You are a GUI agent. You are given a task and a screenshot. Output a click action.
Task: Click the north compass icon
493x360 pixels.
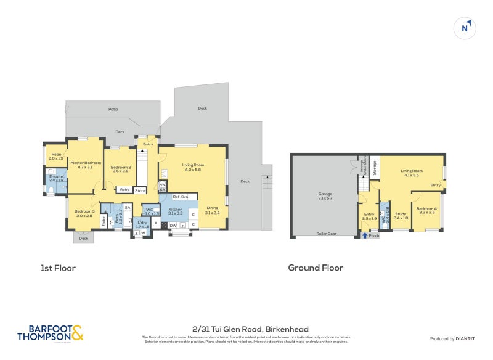pyautogui.click(x=467, y=28)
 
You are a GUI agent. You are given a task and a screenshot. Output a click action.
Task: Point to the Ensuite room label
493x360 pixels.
pyautogui.click(x=56, y=179)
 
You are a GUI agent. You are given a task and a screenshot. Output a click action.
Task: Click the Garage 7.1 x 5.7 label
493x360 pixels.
pyautogui.click(x=325, y=195)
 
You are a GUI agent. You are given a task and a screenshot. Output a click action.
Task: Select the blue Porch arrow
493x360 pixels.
pyautogui.click(x=364, y=235)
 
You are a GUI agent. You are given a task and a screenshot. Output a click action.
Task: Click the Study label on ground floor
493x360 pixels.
pyautogui.click(x=401, y=216)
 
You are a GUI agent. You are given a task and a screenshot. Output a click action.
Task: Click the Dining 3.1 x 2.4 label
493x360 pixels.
pyautogui.click(x=212, y=210)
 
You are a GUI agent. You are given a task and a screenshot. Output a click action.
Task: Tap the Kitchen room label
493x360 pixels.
pyautogui.click(x=175, y=211)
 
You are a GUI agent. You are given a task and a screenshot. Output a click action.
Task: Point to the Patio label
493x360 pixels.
pyautogui.click(x=113, y=109)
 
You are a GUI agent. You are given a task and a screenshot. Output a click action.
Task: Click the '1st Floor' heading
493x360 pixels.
pyautogui.click(x=57, y=268)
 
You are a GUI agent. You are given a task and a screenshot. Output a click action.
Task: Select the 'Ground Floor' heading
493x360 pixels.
pyautogui.click(x=316, y=268)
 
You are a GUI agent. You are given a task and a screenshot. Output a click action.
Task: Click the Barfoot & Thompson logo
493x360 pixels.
pyautogui.click(x=50, y=333)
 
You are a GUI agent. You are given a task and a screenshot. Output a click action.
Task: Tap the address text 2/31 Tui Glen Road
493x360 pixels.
pyautogui.click(x=250, y=329)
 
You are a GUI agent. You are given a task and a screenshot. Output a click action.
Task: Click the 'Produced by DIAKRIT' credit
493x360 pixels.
pyautogui.click(x=455, y=338)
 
